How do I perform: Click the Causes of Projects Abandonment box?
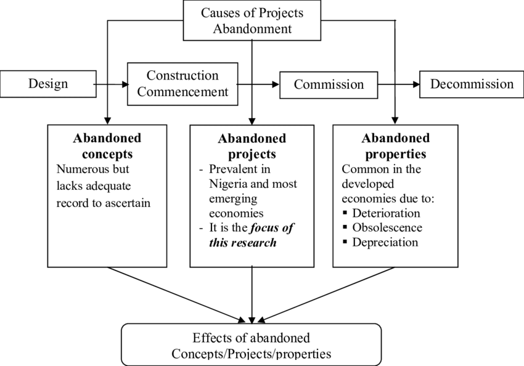252,20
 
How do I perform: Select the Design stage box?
48,84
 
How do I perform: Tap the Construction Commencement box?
182,84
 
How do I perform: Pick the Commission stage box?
329,84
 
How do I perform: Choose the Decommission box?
472,84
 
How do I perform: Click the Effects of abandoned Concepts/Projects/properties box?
251,346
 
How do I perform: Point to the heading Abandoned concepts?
107,145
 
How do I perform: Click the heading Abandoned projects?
252,146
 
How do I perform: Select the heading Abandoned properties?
395,146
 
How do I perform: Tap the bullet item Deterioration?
386,213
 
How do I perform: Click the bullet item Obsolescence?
387,228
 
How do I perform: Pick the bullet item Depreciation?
385,242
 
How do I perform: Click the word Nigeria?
230,184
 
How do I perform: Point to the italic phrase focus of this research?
252,235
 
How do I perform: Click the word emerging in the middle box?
233,199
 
